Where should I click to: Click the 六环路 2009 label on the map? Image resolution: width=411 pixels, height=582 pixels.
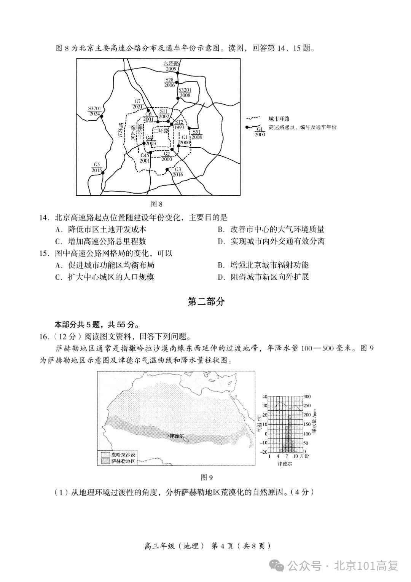coord(170,66)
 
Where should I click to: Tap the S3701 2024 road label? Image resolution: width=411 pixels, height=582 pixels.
coord(94,111)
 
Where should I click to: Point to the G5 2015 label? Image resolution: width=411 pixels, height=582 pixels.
coord(97,167)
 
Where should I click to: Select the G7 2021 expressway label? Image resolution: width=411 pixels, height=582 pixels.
coord(138,104)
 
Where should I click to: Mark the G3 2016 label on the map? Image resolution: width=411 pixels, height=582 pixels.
coord(178,172)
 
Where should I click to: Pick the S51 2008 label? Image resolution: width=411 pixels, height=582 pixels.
coord(197,134)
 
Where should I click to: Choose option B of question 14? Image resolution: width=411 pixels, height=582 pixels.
coord(271,229)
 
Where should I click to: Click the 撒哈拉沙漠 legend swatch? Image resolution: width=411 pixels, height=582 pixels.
coord(105,454)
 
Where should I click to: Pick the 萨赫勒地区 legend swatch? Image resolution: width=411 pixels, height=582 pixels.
coord(105,461)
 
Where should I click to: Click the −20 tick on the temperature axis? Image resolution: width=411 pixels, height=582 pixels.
coord(264,452)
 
